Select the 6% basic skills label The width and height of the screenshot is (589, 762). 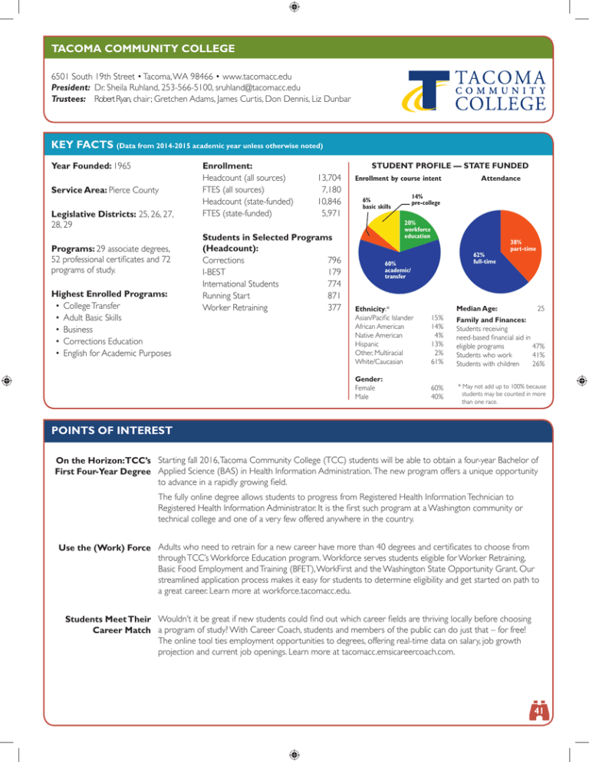click(377, 203)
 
